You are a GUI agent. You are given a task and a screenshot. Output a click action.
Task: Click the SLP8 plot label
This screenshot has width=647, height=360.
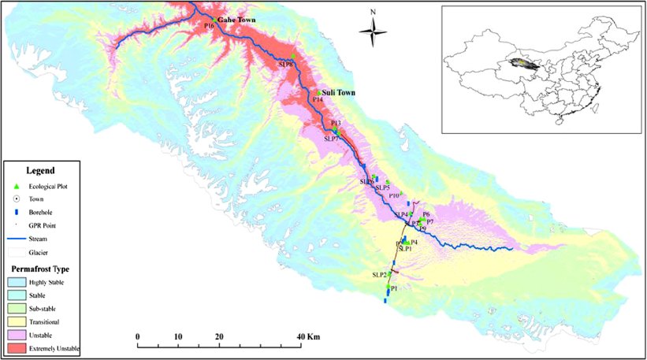[x=284, y=65]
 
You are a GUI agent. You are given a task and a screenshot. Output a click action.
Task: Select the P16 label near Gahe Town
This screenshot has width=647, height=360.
[x=209, y=27]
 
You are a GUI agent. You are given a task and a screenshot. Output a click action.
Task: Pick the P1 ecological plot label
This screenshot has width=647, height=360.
[x=393, y=289]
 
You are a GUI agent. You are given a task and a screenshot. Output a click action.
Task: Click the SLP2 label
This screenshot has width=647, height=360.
[x=379, y=274]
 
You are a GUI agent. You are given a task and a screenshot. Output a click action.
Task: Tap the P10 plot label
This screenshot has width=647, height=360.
[x=394, y=195]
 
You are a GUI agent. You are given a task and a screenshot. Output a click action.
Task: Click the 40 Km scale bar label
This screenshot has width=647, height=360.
[x=308, y=336]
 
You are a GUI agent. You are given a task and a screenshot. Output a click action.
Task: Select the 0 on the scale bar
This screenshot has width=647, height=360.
[x=138, y=336]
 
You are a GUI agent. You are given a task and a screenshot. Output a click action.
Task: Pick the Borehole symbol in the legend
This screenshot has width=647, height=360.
[x=16, y=212]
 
